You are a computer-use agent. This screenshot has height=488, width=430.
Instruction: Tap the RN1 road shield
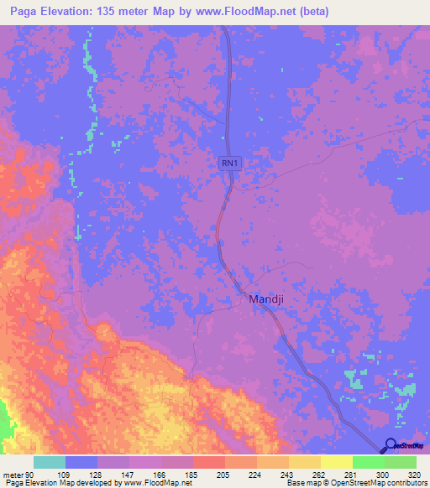coord(231,165)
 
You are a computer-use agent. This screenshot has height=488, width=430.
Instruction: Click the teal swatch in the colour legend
coord(50,462)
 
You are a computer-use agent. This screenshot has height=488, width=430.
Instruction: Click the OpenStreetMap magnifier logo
coord(391,445)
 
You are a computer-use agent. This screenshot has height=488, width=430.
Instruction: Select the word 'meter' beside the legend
coord(13,475)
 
